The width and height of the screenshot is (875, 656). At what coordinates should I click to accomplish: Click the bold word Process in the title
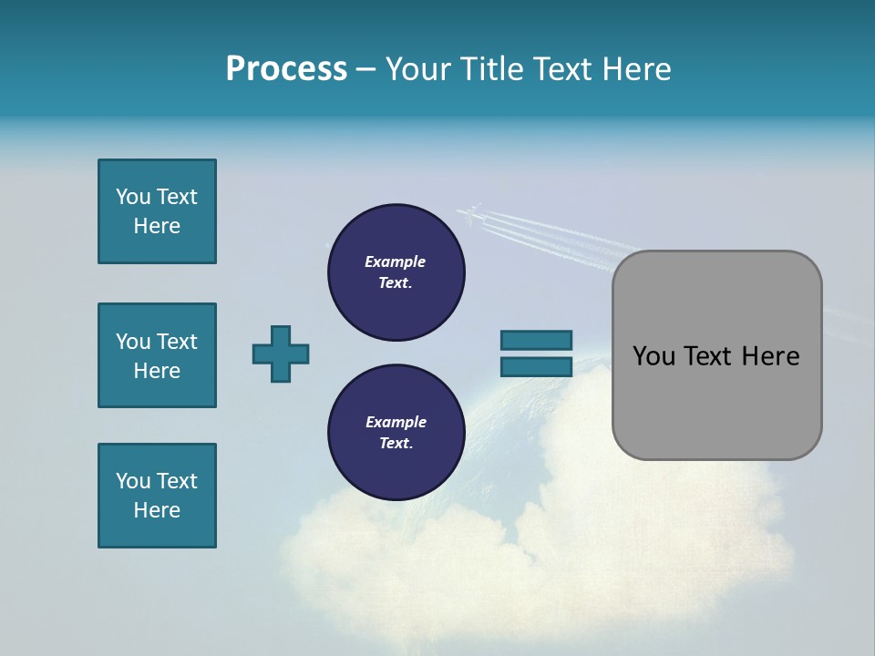[x=286, y=69]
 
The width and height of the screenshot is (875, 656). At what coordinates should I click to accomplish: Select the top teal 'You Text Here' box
[x=157, y=211]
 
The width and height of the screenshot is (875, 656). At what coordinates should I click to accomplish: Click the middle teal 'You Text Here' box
[x=157, y=355]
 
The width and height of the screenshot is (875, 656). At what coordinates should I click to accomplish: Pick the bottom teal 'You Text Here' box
[x=157, y=496]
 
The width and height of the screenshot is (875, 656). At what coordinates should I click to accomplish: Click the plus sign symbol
[x=281, y=354]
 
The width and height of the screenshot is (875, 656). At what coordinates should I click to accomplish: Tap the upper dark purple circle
[x=396, y=272]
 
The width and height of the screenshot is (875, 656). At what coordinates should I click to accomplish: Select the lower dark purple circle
[x=396, y=433]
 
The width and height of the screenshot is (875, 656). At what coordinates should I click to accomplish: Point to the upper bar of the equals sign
[x=536, y=340]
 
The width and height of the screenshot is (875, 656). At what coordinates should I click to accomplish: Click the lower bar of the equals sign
[x=536, y=367]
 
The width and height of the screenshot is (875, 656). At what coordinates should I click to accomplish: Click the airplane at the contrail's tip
[x=469, y=214]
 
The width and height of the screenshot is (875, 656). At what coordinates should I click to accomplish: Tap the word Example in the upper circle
[x=395, y=261]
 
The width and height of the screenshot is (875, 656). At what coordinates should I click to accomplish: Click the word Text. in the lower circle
[x=396, y=444]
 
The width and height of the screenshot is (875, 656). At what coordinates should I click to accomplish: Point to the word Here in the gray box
[x=770, y=356]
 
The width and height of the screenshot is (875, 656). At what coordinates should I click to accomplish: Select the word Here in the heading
[x=637, y=69]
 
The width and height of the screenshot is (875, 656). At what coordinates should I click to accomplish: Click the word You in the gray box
[x=652, y=356]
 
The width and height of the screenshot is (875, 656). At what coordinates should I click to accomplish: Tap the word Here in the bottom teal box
[x=157, y=510]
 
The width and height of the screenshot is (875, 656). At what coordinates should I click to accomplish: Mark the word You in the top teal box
[x=133, y=197]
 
